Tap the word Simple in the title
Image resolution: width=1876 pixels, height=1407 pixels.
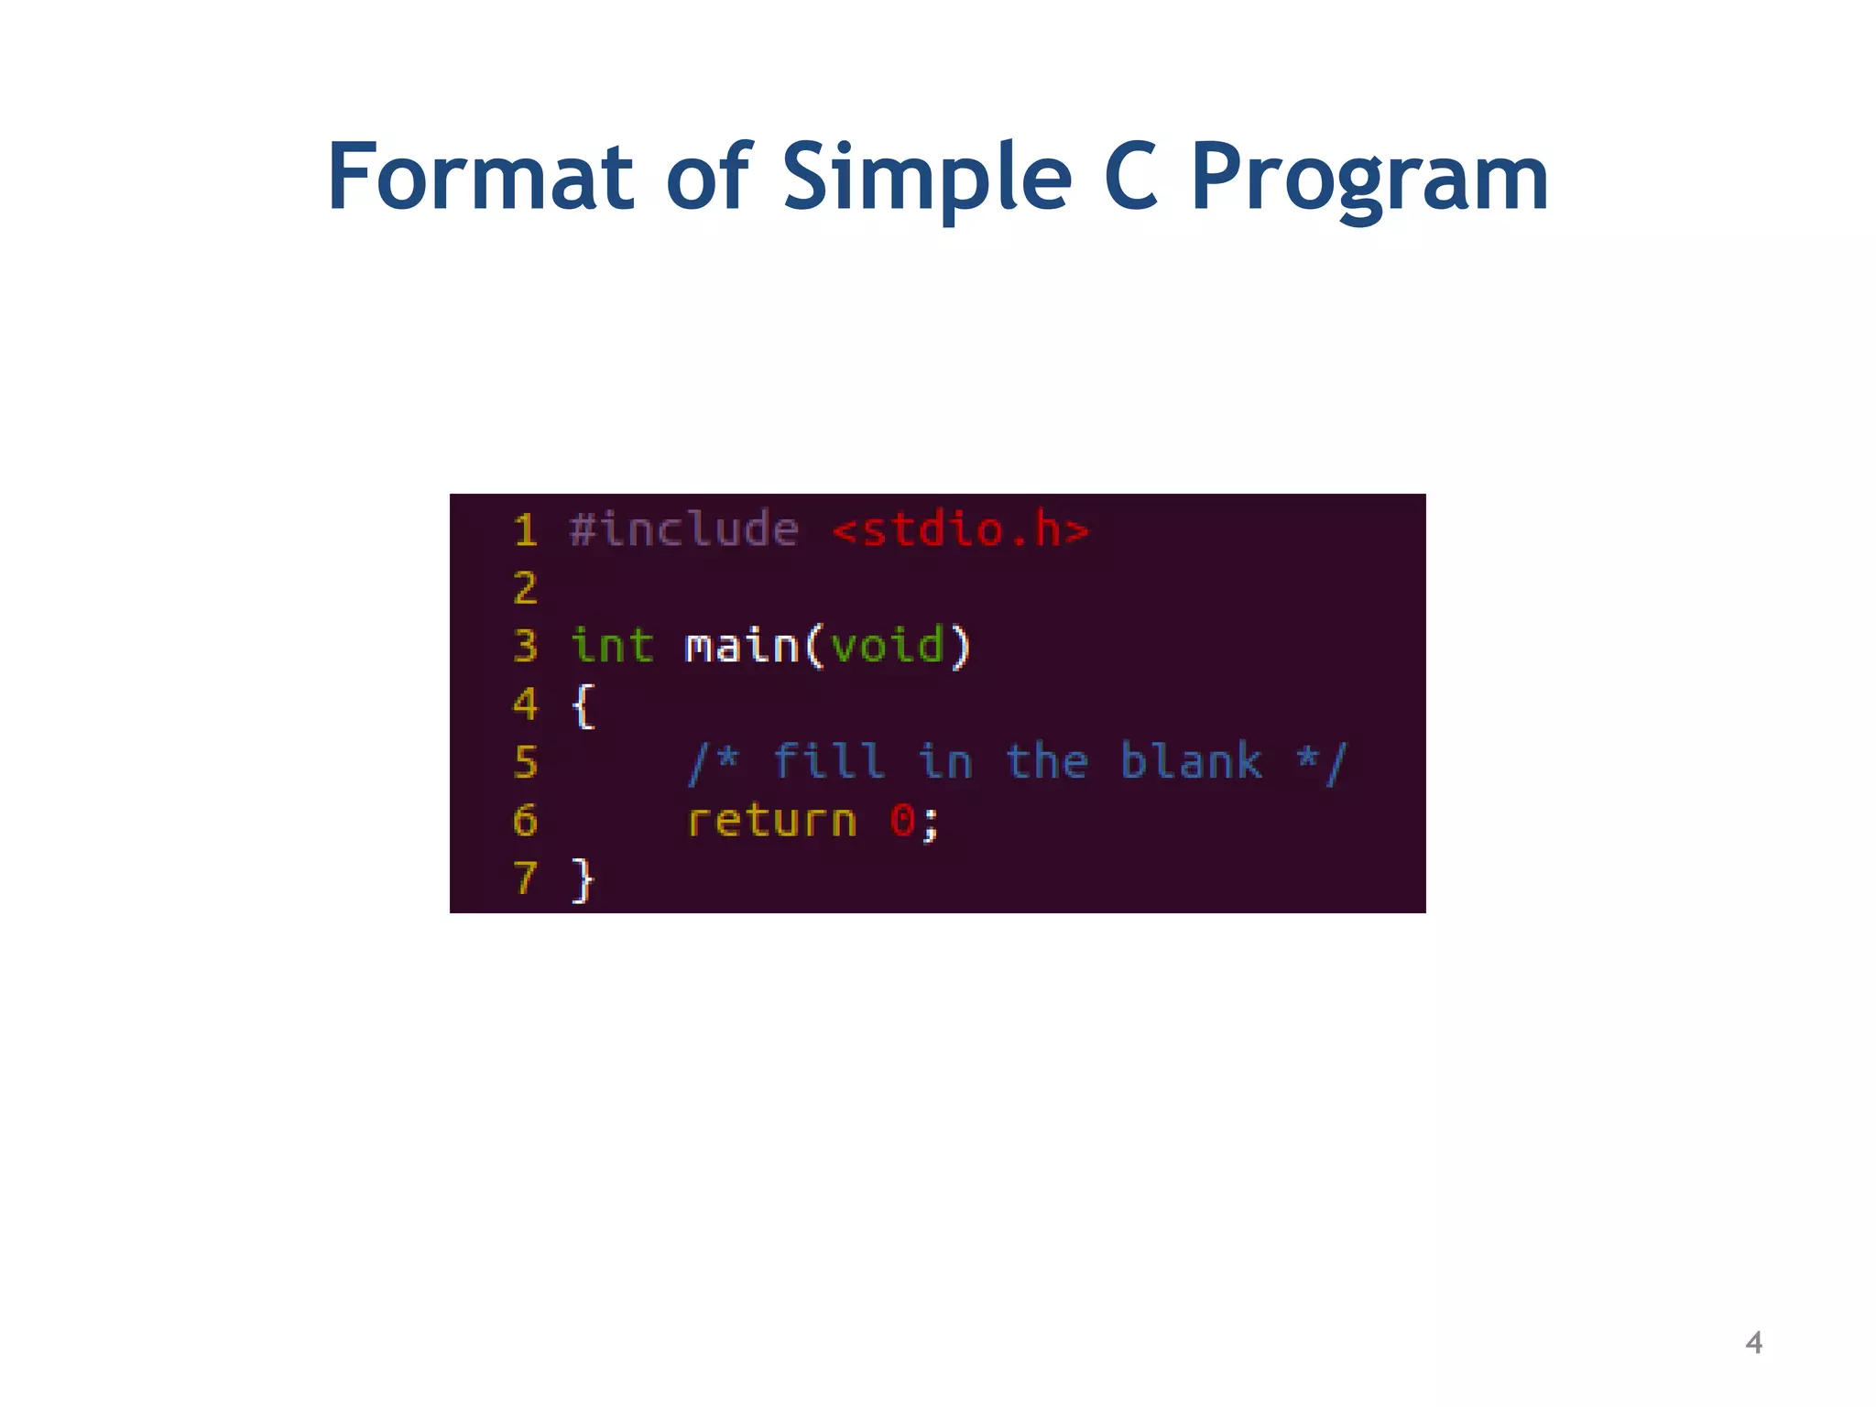click(926, 179)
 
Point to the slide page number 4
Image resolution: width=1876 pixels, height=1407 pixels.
click(1753, 1343)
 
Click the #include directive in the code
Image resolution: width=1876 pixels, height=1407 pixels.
click(683, 530)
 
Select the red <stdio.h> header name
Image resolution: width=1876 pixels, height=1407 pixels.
click(961, 530)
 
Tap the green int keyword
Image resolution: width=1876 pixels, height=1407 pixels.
click(612, 646)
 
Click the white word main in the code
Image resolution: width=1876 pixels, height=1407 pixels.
click(742, 646)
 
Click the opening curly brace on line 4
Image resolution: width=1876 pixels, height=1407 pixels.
click(583, 705)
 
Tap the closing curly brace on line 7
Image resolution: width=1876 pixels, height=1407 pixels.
click(583, 879)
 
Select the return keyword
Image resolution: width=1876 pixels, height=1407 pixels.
click(771, 821)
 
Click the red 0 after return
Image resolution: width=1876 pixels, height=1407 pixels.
click(902, 821)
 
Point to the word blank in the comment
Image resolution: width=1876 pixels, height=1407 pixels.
click(1191, 762)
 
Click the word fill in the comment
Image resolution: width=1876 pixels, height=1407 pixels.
click(829, 762)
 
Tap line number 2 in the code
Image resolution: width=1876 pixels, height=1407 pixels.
click(525, 588)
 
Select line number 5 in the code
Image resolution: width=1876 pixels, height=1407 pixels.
click(525, 762)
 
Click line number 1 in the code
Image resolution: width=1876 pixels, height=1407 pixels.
click(525, 530)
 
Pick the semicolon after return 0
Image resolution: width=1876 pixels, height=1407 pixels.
click(931, 823)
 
